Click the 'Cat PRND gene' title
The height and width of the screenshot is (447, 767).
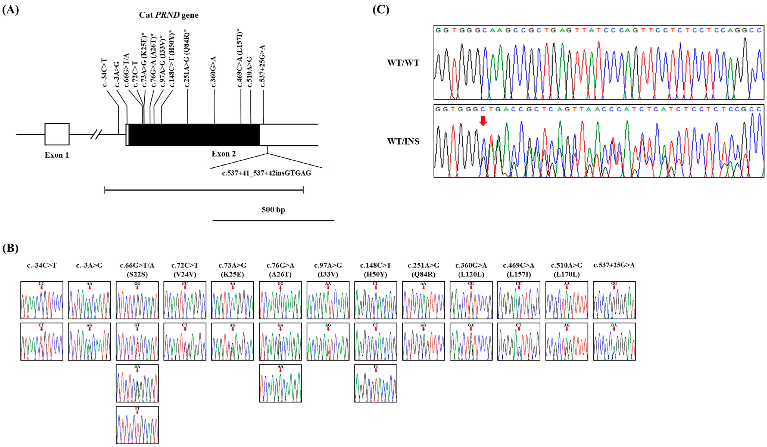pos(169,15)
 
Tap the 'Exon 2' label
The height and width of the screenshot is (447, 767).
pos(224,154)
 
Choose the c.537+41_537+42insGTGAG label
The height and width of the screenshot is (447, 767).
pos(267,173)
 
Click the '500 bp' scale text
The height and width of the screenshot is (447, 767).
pos(273,210)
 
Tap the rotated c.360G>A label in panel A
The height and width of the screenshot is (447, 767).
pos(213,71)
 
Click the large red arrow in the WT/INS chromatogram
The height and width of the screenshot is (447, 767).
pos(483,121)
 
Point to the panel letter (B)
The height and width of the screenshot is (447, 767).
pos(10,248)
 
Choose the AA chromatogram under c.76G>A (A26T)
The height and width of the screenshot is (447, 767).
pos(280,383)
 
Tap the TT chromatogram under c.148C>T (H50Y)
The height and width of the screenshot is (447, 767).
pos(376,383)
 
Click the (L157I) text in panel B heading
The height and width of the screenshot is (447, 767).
pos(519,274)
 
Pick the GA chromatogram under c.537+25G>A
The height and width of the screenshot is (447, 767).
pos(614,342)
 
